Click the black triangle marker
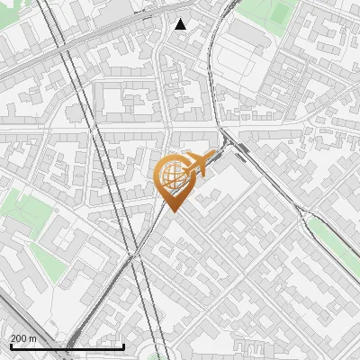181,24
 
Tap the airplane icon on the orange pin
197,164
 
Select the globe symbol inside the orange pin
171,177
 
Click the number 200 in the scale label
20,338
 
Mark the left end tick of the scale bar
11,345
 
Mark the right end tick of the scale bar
123,345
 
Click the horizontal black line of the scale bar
67,346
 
